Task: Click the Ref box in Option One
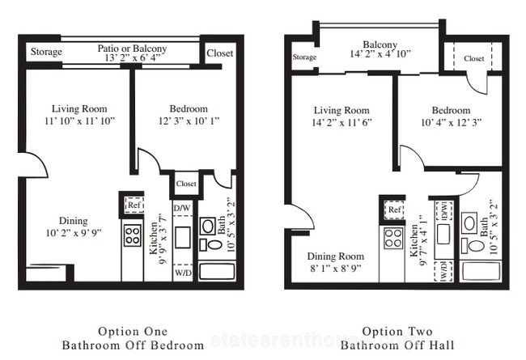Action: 134,205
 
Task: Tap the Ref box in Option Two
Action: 394,210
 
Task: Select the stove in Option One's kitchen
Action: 132,235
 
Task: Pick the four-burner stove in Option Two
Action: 392,238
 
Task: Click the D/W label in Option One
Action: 182,208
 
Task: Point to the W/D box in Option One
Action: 183,272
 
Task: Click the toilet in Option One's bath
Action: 211,244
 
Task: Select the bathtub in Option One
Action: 217,272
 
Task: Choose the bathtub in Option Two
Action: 481,272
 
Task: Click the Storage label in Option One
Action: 46,52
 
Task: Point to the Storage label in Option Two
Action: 304,57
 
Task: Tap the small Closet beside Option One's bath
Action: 186,184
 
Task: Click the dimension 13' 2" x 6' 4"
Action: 133,57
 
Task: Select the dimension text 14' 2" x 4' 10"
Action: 380,53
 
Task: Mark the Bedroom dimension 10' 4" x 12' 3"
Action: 452,122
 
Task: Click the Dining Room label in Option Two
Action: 336,256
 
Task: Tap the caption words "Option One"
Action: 133,332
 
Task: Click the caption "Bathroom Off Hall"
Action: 397,345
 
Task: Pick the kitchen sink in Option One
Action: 183,238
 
